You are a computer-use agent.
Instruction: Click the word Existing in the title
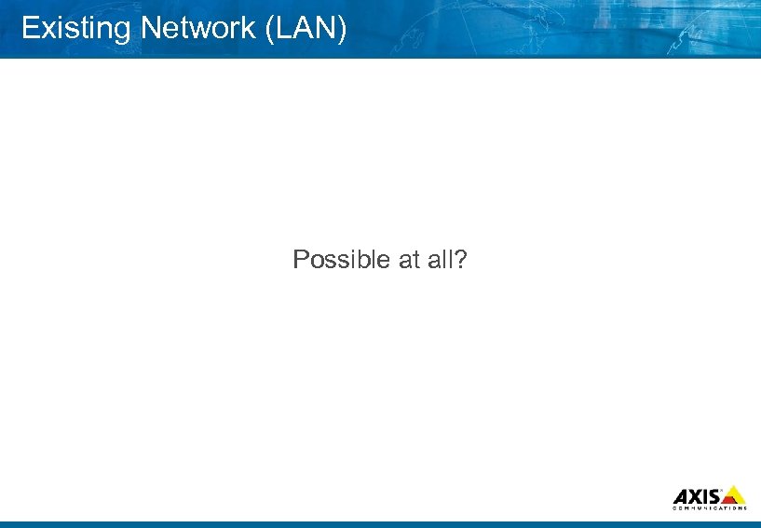[x=76, y=29]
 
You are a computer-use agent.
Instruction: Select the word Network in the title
[x=198, y=28]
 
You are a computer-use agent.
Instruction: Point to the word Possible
[x=342, y=260]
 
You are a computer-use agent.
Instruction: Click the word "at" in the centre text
[x=409, y=260]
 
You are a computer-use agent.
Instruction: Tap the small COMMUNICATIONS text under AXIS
[x=709, y=508]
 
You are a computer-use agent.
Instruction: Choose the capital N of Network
[x=149, y=28]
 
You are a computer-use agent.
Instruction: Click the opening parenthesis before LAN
[x=271, y=29]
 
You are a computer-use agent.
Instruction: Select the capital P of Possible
[x=300, y=260]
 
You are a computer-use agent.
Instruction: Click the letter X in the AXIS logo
[x=694, y=495]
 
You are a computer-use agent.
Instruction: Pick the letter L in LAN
[x=284, y=28]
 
